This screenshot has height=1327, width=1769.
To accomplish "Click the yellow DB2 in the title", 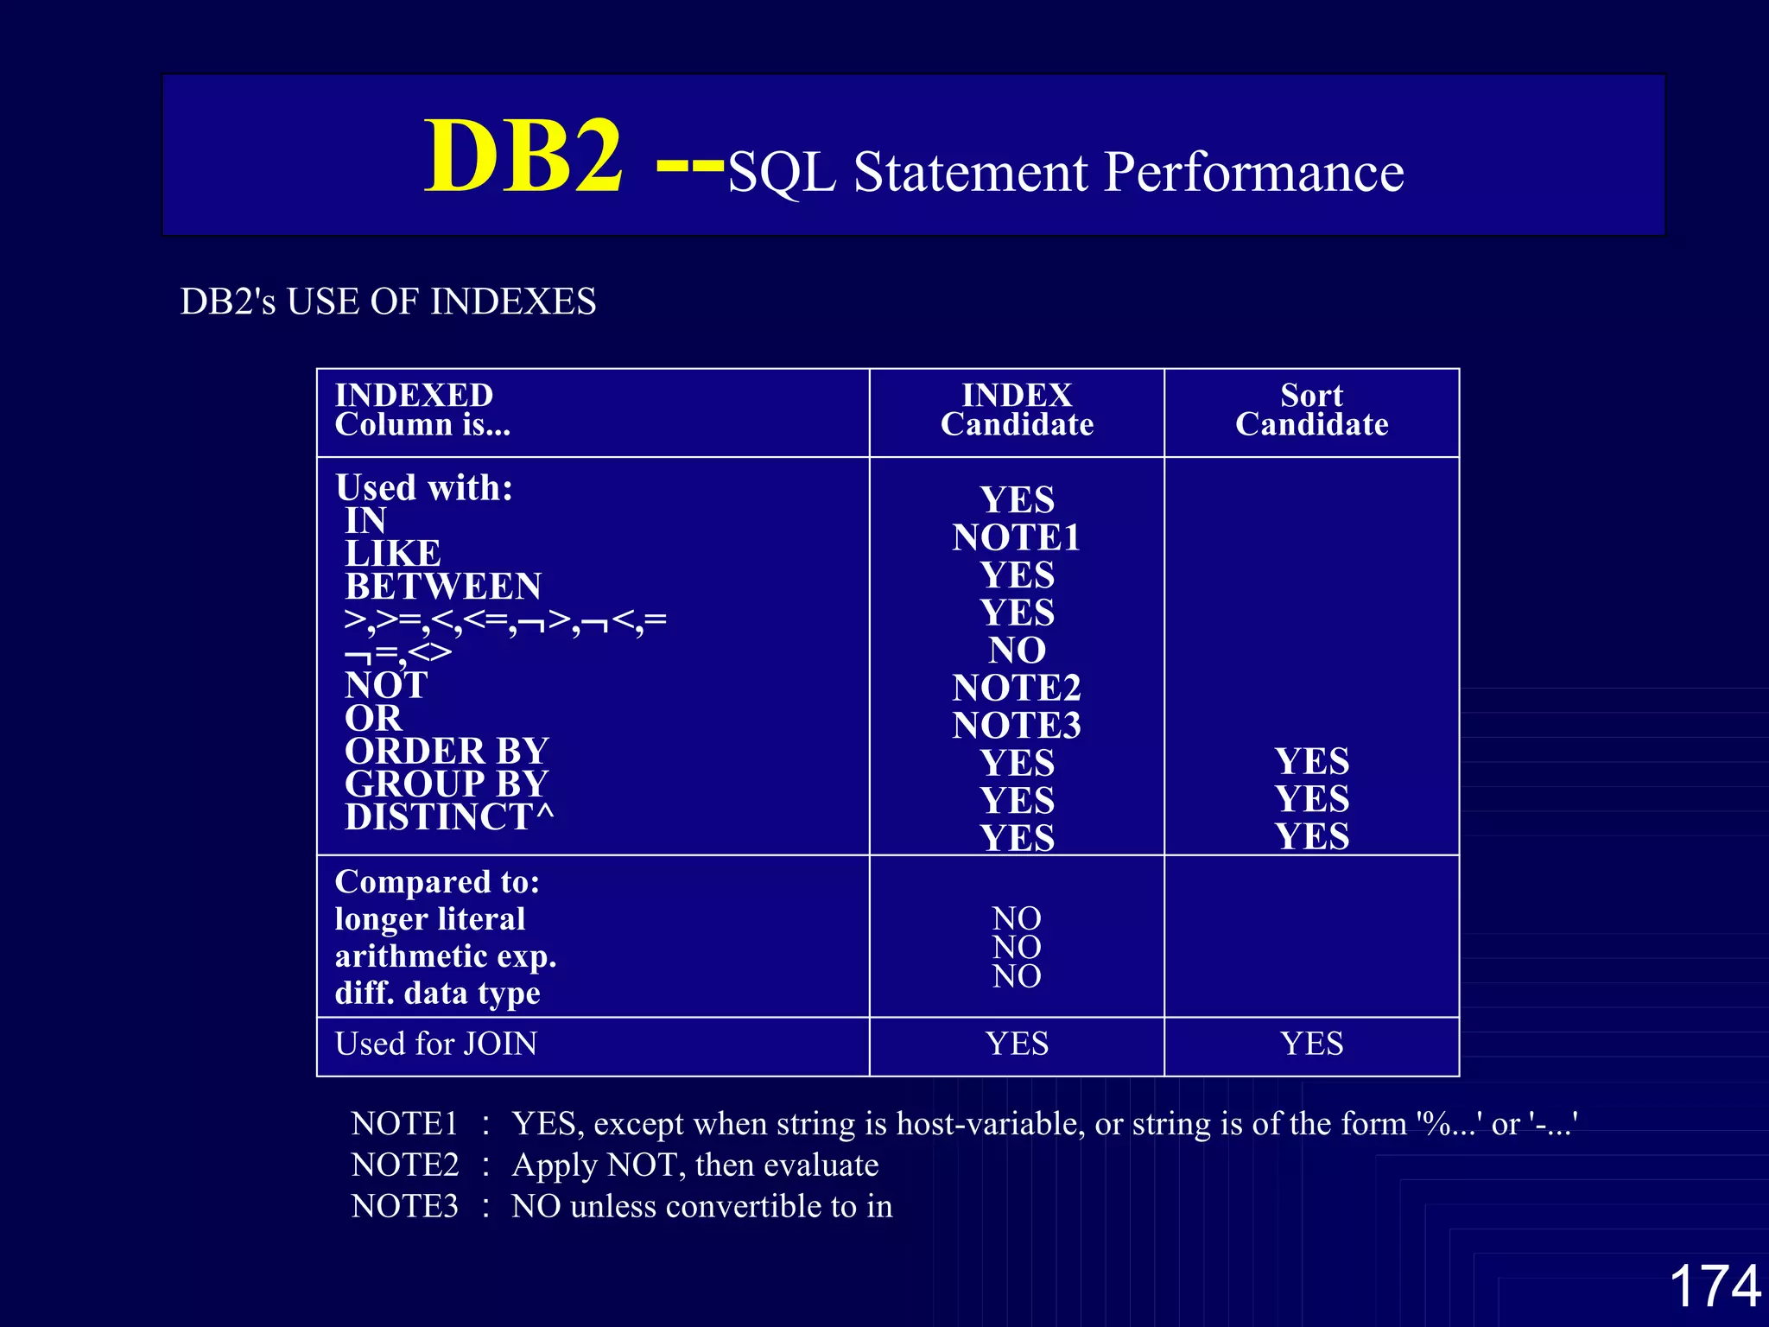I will [x=523, y=156].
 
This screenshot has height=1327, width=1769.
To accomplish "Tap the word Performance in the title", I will [x=1253, y=172].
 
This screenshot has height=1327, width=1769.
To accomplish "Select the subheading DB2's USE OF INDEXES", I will [x=388, y=302].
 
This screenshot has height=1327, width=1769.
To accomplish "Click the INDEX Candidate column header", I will [x=1017, y=410].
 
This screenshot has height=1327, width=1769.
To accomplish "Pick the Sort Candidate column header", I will [x=1311, y=410].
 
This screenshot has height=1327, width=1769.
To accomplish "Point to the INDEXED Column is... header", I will [x=422, y=410].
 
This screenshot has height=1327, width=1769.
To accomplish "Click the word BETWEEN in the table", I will [x=443, y=587].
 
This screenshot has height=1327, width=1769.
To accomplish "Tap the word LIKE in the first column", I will [x=393, y=554].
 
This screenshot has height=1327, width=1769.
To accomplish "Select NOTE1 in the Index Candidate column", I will [x=1017, y=537].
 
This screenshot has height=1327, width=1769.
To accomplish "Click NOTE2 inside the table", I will [x=1017, y=688].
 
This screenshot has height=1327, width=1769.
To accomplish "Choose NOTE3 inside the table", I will [x=1017, y=726].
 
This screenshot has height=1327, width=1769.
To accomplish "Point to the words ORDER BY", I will [x=447, y=752].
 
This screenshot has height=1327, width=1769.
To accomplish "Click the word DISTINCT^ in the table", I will [x=449, y=817].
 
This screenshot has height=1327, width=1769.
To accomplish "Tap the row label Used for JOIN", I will [x=435, y=1044].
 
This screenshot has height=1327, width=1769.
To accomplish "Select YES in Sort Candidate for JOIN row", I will [x=1311, y=1044].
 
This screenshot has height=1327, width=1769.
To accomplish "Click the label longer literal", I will [x=430, y=919].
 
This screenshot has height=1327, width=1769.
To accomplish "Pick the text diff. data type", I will [x=437, y=994].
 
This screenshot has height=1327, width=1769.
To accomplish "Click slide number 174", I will [x=1715, y=1286].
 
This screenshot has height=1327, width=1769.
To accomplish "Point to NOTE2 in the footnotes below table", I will [x=405, y=1165].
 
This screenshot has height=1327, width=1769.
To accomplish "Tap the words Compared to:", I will [x=437, y=882].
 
